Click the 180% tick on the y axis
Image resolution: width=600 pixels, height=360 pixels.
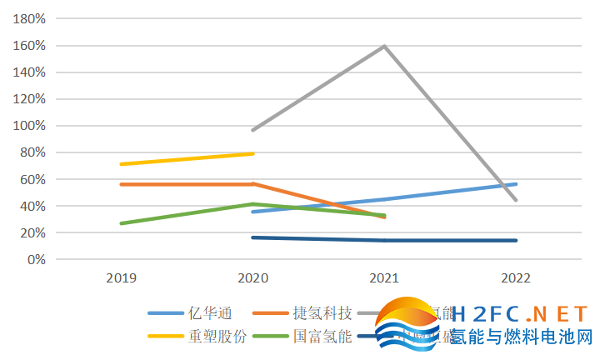tap(29, 19)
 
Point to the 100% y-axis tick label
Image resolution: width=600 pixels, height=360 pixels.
tap(29, 126)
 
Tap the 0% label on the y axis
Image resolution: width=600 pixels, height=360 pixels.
tap(35, 259)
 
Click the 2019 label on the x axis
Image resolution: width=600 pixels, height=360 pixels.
tap(121, 277)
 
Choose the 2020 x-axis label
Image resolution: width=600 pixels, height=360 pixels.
tap(252, 277)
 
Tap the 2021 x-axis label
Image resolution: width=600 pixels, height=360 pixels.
tap(384, 277)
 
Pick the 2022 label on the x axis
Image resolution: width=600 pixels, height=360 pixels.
tap(516, 277)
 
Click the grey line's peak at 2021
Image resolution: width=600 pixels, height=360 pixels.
tap(384, 46)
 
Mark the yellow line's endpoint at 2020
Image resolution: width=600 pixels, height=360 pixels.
tap(252, 153)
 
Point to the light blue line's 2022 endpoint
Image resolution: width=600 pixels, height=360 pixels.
tap(516, 184)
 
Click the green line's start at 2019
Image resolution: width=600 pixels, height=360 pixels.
tap(121, 223)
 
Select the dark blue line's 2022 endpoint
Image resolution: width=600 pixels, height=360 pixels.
tap(516, 241)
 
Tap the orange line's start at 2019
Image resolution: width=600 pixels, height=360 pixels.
tap(121, 184)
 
